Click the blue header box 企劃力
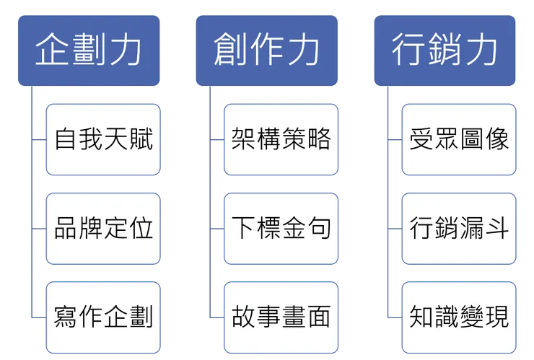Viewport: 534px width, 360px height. click(x=88, y=51)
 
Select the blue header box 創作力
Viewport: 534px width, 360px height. click(x=266, y=51)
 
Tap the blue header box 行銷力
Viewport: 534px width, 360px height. click(x=445, y=51)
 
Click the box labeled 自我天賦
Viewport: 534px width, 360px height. click(x=102, y=139)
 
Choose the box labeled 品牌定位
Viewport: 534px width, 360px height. click(x=102, y=229)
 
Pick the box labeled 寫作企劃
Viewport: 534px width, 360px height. click(x=102, y=317)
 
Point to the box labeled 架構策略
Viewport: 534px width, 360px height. click(x=281, y=139)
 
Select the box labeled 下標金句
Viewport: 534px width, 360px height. click(x=281, y=229)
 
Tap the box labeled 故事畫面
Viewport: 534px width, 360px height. click(x=281, y=317)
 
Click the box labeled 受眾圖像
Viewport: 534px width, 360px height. click(x=459, y=139)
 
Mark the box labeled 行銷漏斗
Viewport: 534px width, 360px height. click(x=459, y=229)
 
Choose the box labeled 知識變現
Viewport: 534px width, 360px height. click(x=459, y=317)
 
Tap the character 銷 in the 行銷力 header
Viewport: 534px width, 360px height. click(x=445, y=51)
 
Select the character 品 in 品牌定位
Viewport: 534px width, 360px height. click(x=66, y=229)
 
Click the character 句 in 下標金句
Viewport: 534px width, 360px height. click(x=318, y=229)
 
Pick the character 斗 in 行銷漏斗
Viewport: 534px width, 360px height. click(x=496, y=229)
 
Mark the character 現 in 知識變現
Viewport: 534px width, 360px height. click(x=496, y=317)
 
